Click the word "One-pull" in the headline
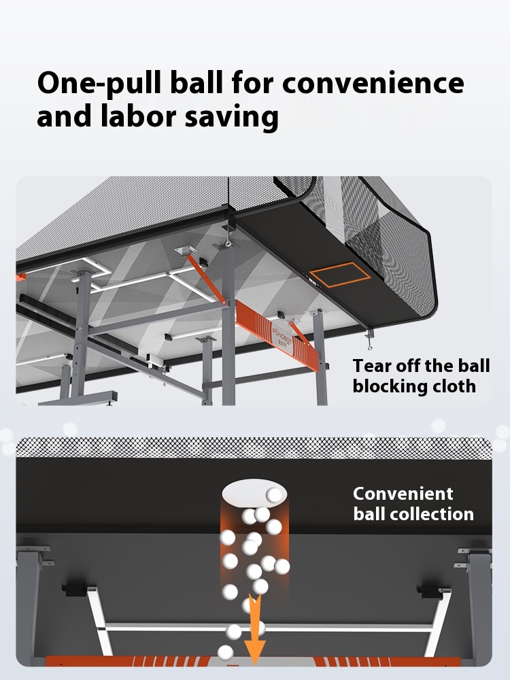(99, 84)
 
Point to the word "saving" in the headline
(232, 118)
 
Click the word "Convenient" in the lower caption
(403, 494)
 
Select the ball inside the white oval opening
(274, 495)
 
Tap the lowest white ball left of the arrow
(226, 652)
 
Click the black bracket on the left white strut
(75, 590)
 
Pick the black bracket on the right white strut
(430, 591)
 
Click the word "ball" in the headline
(196, 82)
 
